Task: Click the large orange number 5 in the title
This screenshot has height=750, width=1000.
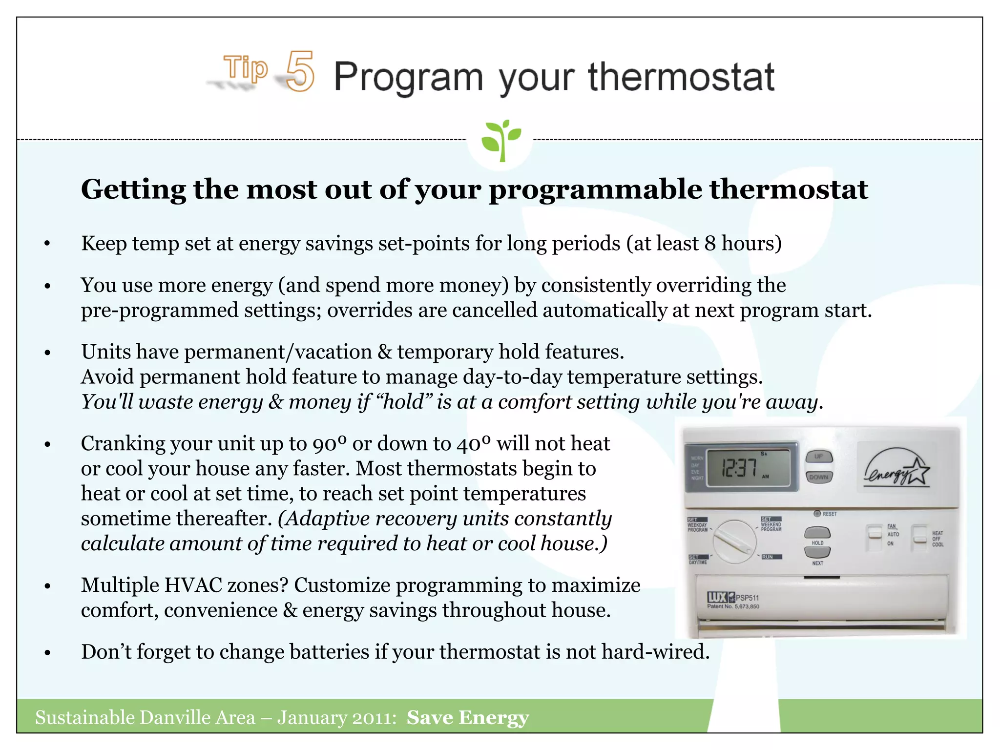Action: [300, 72]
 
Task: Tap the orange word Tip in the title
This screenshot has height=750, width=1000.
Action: [246, 68]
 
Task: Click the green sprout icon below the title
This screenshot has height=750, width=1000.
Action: [500, 141]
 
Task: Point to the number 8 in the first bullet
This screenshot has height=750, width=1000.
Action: [710, 243]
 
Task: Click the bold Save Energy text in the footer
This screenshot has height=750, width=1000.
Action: [467, 718]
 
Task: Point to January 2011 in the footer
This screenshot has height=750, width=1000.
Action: [336, 718]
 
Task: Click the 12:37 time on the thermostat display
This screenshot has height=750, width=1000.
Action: [739, 468]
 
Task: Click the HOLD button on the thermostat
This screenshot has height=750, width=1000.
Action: [817, 532]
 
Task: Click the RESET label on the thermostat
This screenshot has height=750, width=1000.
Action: [829, 514]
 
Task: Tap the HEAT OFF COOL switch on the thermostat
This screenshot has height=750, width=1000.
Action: [920, 538]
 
